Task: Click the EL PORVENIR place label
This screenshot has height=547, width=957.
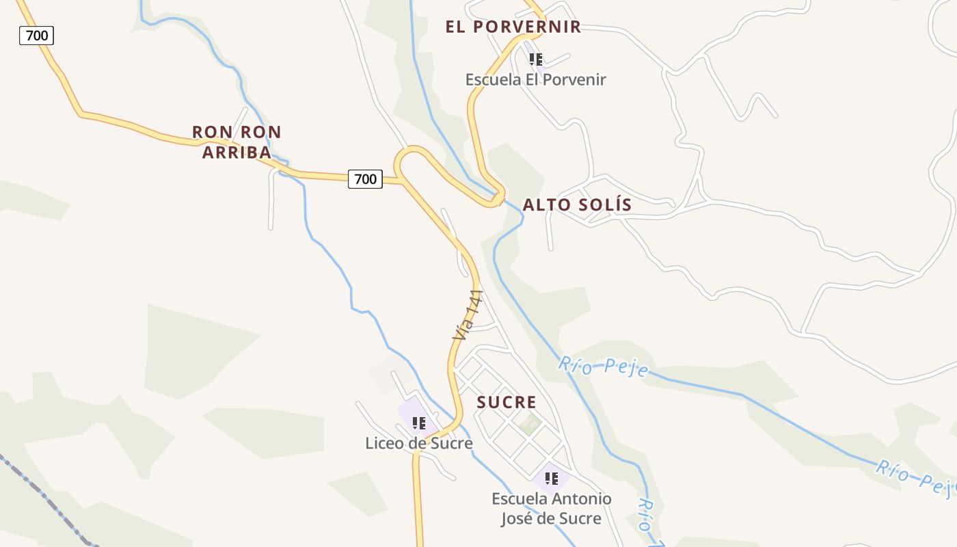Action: [513, 27]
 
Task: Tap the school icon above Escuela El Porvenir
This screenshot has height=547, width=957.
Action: [536, 59]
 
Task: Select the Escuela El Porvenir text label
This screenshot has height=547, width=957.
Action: [535, 79]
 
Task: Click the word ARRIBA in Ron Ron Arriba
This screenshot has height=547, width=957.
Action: [237, 152]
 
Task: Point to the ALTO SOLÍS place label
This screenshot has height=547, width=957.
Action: [577, 204]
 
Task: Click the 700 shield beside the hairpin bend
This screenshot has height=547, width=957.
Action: [365, 179]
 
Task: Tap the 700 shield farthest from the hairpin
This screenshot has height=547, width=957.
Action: [36, 35]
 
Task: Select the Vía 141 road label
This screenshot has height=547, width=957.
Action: [468, 315]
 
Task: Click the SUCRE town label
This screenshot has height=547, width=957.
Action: [507, 402]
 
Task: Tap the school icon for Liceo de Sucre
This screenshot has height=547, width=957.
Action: [419, 423]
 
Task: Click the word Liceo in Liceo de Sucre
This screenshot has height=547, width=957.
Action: [385, 443]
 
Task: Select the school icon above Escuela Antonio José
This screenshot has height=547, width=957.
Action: [552, 478]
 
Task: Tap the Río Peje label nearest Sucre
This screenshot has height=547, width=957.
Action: [603, 366]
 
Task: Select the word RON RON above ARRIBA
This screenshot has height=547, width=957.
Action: [237, 132]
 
